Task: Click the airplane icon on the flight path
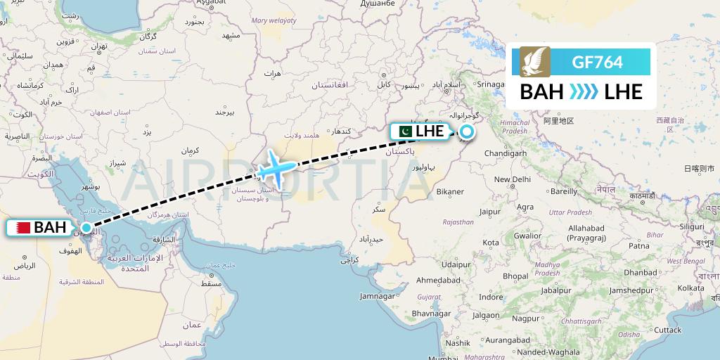coord(274,169)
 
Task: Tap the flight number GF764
coord(597,63)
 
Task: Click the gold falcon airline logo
coord(531,62)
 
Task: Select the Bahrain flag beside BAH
coord(20,227)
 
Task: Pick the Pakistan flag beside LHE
coord(404,131)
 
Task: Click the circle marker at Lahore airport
coord(466,131)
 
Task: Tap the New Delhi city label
coord(512,179)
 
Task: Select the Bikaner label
coord(450,191)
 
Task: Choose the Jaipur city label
coord(490,211)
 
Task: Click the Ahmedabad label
coord(438,280)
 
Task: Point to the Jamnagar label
coord(377,296)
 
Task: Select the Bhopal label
coord(515,276)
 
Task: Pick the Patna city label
coord(638,246)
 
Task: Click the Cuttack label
coord(667,330)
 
